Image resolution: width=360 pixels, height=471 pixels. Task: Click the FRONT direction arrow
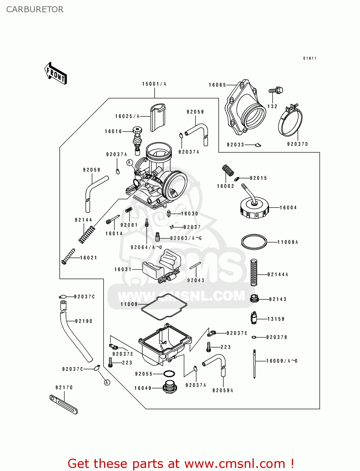[x=56, y=73]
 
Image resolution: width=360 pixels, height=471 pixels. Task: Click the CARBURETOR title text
[x=35, y=9]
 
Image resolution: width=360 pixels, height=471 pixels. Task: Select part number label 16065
[x=217, y=85]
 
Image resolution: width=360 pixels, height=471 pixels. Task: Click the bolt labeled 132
[x=275, y=91]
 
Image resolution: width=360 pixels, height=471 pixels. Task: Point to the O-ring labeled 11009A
[x=254, y=242]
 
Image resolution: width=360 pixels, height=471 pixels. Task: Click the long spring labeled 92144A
[x=254, y=272]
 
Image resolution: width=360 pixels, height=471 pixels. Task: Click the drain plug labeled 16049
[x=170, y=387]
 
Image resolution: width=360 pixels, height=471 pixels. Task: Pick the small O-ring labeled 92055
[x=169, y=374]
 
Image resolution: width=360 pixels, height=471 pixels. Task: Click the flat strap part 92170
[x=63, y=404]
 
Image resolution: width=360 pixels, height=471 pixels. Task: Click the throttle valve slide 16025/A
[x=158, y=117]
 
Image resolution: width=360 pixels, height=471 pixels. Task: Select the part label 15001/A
[x=154, y=84]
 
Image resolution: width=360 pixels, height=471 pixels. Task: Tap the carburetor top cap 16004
[x=254, y=208]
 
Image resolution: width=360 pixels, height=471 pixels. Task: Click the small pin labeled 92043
[x=195, y=265]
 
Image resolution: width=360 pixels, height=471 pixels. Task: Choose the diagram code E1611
[x=310, y=58]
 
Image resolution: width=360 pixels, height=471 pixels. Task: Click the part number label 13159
[x=276, y=319]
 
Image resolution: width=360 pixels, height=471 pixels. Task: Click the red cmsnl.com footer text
[x=181, y=463]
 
